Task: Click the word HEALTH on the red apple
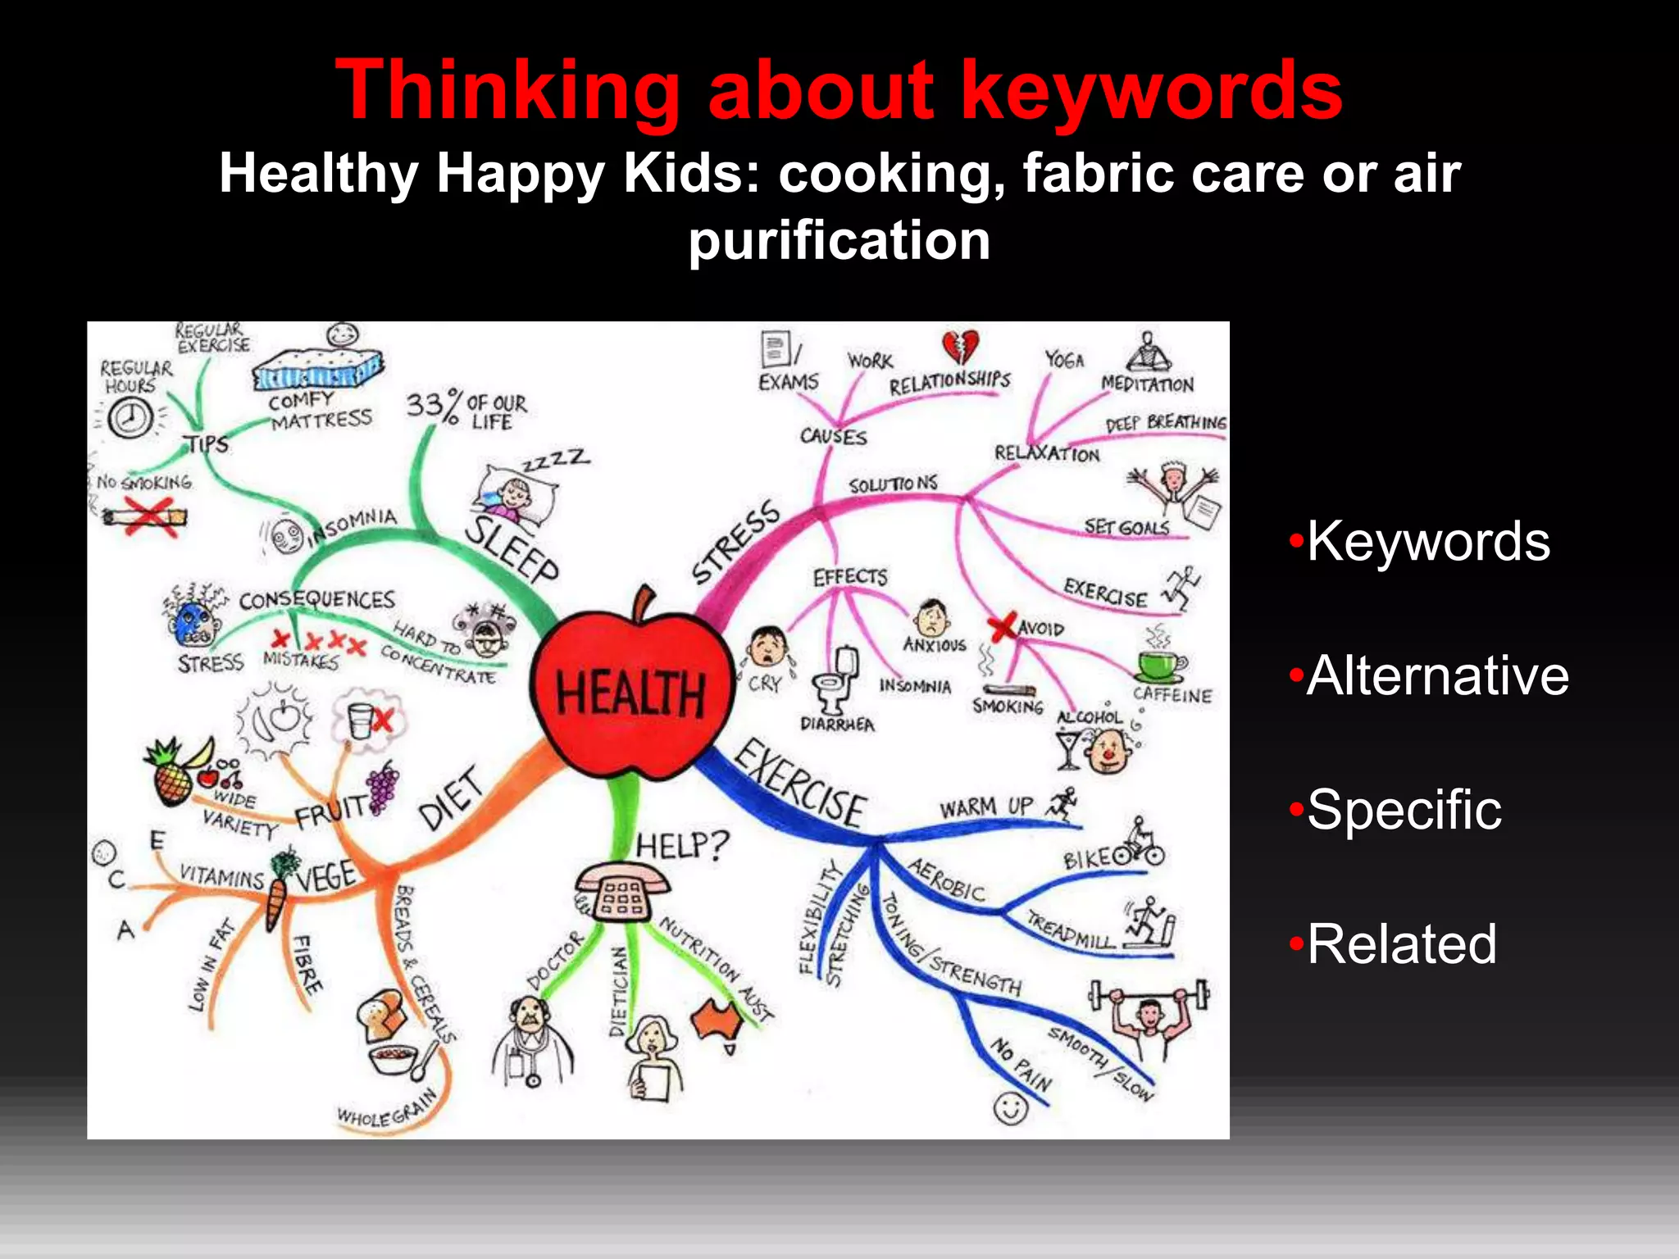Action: point(630,693)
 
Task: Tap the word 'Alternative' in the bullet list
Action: point(1437,675)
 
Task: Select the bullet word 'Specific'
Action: point(1404,810)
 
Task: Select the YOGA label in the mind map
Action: point(1064,359)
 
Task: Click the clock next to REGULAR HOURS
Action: point(130,420)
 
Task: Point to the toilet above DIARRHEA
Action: point(835,680)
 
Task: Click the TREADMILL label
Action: point(1070,930)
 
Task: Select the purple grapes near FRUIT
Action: point(382,785)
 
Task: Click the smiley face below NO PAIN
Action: point(1010,1108)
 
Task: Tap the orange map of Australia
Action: point(716,1020)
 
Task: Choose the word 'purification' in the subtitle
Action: point(839,240)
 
